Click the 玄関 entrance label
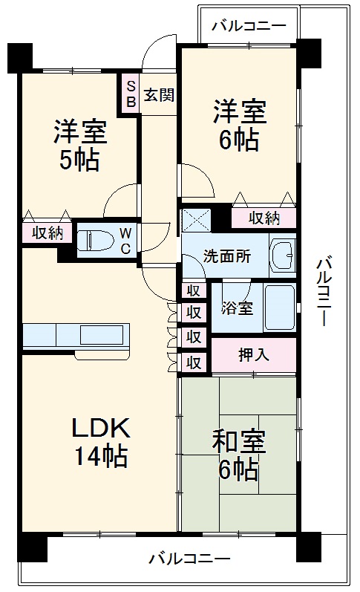pyautogui.click(x=159, y=95)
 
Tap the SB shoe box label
pyautogui.click(x=131, y=94)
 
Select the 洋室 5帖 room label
pyautogui.click(x=79, y=145)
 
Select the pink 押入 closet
pyautogui.click(x=253, y=354)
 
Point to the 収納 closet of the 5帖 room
pyautogui.click(x=47, y=232)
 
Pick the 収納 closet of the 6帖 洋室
pyautogui.click(x=264, y=218)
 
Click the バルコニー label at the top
pyautogui.click(x=248, y=25)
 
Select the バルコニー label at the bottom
pyautogui.click(x=189, y=559)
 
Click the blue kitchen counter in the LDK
pyautogui.click(x=76, y=335)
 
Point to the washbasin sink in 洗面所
pyautogui.click(x=281, y=255)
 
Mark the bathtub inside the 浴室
pyautogui.click(x=280, y=307)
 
